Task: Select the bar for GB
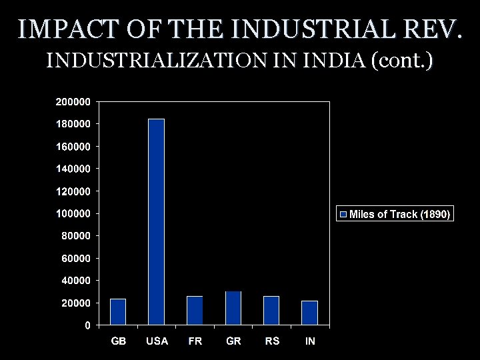tap(118, 312)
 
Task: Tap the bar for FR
tap(195, 311)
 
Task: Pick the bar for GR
tap(233, 308)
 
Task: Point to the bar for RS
tap(271, 311)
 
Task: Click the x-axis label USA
tap(157, 341)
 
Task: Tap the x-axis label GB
tap(118, 341)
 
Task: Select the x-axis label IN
tap(310, 341)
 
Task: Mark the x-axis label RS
tap(271, 341)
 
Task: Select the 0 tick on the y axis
tap(88, 325)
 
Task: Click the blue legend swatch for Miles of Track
tap(344, 214)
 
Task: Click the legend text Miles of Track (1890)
tap(400, 214)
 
